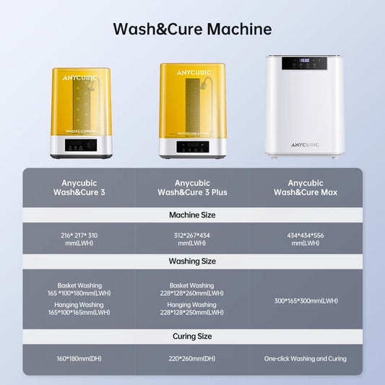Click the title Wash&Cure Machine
(192, 30)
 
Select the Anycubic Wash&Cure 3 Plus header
(192, 188)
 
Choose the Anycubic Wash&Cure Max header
(306, 188)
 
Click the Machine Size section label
(192, 215)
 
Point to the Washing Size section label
(192, 261)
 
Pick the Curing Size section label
(192, 336)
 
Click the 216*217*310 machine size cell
(79, 238)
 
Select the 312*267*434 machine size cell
(192, 238)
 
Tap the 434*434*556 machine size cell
(306, 238)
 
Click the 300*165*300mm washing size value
(306, 300)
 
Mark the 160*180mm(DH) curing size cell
(79, 358)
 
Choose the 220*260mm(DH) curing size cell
(192, 358)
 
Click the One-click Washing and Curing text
(306, 358)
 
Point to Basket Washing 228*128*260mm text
(192, 289)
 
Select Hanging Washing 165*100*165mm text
(79, 308)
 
